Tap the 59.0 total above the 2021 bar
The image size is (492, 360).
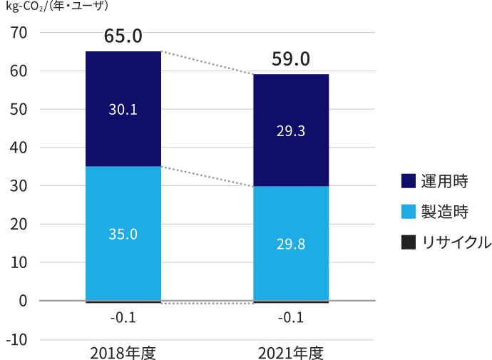tap(291, 58)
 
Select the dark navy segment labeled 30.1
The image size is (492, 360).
tap(123, 109)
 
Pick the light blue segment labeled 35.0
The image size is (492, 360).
tap(123, 234)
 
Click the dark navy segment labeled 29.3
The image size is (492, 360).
tap(291, 131)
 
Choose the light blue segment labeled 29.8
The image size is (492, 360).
tap(291, 244)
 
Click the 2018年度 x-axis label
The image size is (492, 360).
tap(123, 353)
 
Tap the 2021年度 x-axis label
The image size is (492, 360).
tap(291, 353)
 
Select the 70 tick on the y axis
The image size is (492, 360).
tap(19, 33)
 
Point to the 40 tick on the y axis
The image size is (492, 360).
tap(19, 148)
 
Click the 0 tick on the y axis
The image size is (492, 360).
tap(24, 301)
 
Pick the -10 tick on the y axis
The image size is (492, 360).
tap(16, 339)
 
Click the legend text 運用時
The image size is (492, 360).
tap(444, 181)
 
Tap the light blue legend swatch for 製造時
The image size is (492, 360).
tap(407, 212)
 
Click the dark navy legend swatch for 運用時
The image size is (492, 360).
tap(407, 181)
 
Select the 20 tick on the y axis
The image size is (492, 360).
tap(19, 225)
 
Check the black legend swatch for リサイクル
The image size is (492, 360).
tap(407, 242)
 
